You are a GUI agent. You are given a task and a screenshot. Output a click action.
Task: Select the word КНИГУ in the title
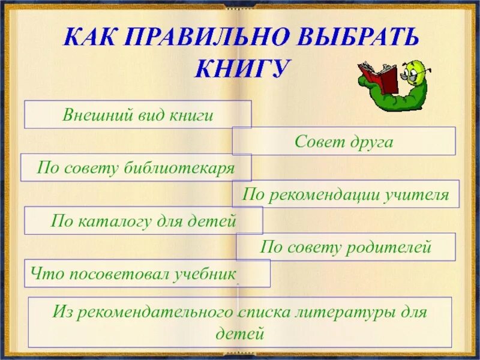point(241,68)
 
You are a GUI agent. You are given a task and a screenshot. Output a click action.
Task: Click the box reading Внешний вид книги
point(137,115)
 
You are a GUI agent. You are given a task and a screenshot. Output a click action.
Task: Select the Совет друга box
point(344,142)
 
